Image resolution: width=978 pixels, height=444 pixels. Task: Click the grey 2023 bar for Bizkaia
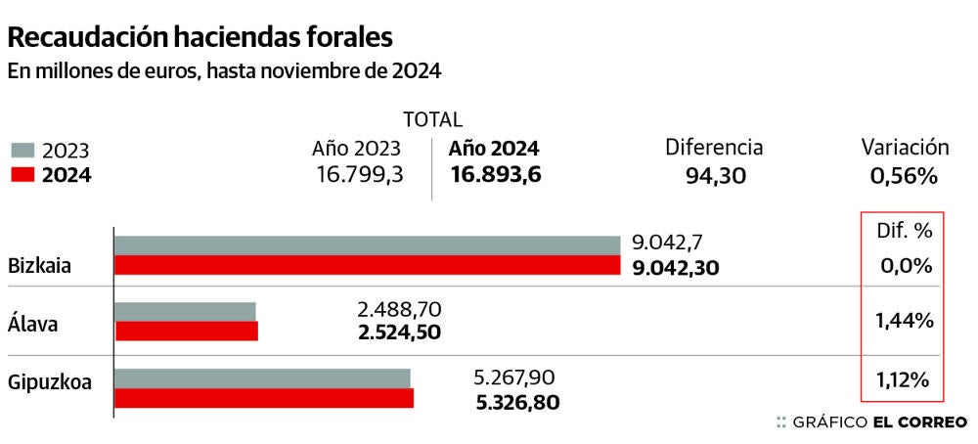368,244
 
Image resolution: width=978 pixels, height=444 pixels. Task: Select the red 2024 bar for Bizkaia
368,265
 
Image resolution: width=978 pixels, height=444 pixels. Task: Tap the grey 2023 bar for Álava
186,311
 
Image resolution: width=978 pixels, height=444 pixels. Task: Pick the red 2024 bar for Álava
187,331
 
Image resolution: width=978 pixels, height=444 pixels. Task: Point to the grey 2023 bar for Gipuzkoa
263,377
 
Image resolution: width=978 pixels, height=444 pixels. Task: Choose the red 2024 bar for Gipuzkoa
264,397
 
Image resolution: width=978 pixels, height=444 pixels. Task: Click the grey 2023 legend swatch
23,151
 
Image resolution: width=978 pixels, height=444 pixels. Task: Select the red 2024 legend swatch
23,176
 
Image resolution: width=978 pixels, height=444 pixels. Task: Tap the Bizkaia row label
39,266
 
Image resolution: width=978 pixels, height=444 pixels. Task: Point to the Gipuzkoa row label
49,382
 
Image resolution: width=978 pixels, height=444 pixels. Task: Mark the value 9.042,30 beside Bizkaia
675,267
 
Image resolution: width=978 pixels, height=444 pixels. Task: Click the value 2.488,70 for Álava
400,310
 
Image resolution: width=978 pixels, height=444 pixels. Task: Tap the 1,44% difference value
904,320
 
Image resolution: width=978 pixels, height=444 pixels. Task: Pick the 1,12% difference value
904,380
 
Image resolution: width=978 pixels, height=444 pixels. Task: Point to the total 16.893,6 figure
496,174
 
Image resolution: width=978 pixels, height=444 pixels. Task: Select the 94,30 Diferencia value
714,176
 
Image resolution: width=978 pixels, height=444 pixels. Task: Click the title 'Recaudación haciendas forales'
200,37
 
